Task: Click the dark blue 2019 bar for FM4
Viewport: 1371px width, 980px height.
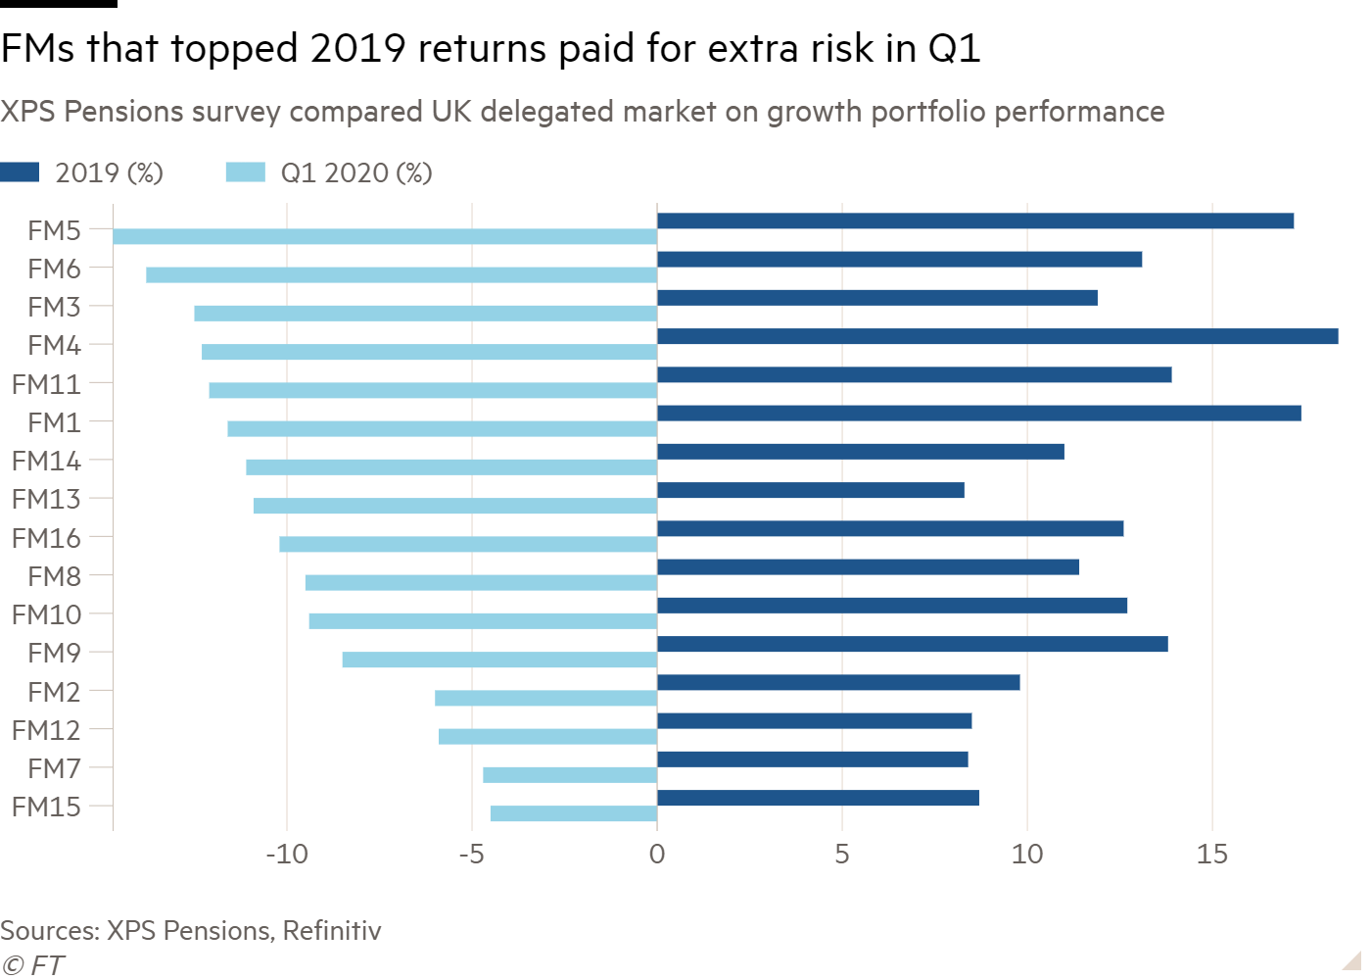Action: pos(997,336)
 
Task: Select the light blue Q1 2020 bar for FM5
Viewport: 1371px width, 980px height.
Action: pos(385,236)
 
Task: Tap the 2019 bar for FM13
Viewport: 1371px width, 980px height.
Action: pos(810,490)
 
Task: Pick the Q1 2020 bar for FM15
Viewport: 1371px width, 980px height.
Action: pos(573,813)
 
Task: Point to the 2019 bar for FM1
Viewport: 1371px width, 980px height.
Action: pos(978,414)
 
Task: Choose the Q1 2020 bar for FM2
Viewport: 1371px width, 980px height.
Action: pos(545,698)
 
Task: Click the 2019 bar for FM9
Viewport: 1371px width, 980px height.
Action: pos(912,644)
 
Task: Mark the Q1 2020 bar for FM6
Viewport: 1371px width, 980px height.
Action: pos(402,274)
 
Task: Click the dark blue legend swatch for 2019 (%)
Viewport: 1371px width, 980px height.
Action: pos(20,172)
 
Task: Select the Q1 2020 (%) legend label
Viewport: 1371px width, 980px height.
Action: pos(355,173)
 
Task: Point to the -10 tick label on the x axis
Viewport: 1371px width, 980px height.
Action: pos(287,855)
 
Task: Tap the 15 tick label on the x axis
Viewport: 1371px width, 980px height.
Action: pos(1211,855)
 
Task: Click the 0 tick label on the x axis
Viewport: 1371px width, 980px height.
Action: pos(657,855)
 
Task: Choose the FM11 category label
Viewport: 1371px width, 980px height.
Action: pos(46,384)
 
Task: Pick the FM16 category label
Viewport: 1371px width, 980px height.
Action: pos(46,538)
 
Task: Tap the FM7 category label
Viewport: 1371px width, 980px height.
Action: pos(54,768)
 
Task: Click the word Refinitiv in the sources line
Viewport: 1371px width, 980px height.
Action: pos(332,930)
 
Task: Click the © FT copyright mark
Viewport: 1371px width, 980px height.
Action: pos(32,965)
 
